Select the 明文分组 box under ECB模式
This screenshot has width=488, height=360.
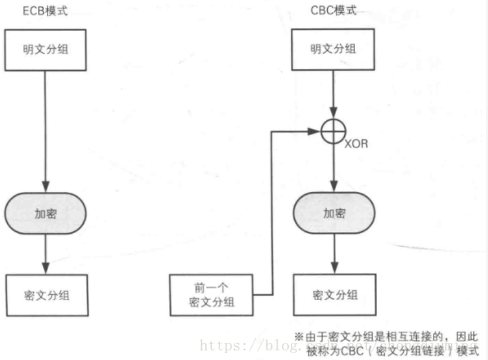pyautogui.click(x=46, y=49)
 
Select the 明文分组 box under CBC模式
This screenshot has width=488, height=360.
pyautogui.click(x=334, y=49)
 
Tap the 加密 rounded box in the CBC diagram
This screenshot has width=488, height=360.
pyautogui.click(x=334, y=214)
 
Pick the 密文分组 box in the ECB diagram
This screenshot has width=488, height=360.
pyautogui.click(x=46, y=295)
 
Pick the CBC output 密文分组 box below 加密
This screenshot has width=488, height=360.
pyautogui.click(x=334, y=295)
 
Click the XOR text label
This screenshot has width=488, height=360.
pyautogui.click(x=357, y=143)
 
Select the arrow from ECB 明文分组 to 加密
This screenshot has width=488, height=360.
pyautogui.click(x=46, y=130)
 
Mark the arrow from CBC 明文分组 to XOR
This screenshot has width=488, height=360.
pyautogui.click(x=334, y=95)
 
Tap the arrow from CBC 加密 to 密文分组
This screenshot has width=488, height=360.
pyautogui.click(x=334, y=255)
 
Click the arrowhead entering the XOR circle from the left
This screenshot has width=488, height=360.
pyautogui.click(x=316, y=132)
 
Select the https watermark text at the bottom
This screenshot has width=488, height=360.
pyautogui.click(x=217, y=344)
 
